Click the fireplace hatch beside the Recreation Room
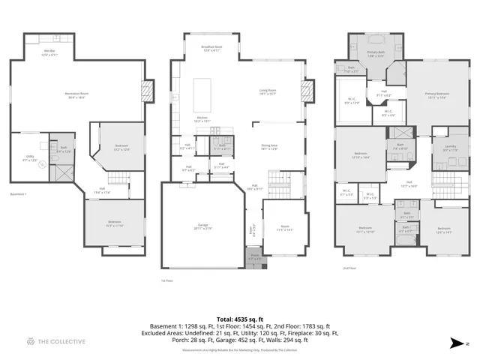coord(148,92)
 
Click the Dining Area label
coord(269,148)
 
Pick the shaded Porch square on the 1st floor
coord(255,259)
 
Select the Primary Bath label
coord(376,53)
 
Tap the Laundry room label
coord(450,148)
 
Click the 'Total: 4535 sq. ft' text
coord(240,319)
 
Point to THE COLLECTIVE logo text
coord(62,341)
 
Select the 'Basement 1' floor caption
coord(19,194)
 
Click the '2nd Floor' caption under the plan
coord(349,267)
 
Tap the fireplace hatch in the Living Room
coord(307,92)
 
